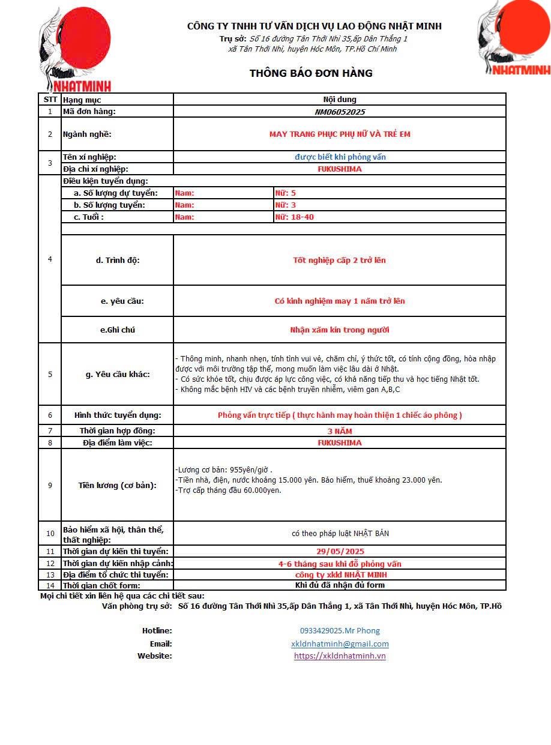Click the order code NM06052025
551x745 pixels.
click(x=340, y=112)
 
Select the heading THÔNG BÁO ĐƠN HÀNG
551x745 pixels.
click(x=311, y=73)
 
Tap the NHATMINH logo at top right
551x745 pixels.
click(x=516, y=38)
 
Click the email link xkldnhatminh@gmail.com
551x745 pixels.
click(x=340, y=644)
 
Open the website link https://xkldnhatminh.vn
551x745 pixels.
click(x=340, y=656)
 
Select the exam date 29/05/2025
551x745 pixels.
click(x=340, y=551)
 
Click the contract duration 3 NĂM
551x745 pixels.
click(x=340, y=431)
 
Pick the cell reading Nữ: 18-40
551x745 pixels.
click(x=294, y=217)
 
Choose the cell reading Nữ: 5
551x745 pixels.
click(x=285, y=193)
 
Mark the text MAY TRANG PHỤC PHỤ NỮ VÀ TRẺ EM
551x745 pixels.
click(x=340, y=134)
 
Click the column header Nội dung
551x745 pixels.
click(x=340, y=100)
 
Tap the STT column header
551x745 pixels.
click(x=50, y=100)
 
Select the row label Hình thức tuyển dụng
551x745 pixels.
click(x=118, y=415)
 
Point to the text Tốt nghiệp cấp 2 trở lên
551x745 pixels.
click(x=340, y=260)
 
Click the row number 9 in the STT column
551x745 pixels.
click(x=50, y=485)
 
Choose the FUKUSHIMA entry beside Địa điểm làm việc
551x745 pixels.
click(x=340, y=443)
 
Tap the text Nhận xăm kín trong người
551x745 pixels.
click(x=340, y=330)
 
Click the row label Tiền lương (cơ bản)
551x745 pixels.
click(x=118, y=485)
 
